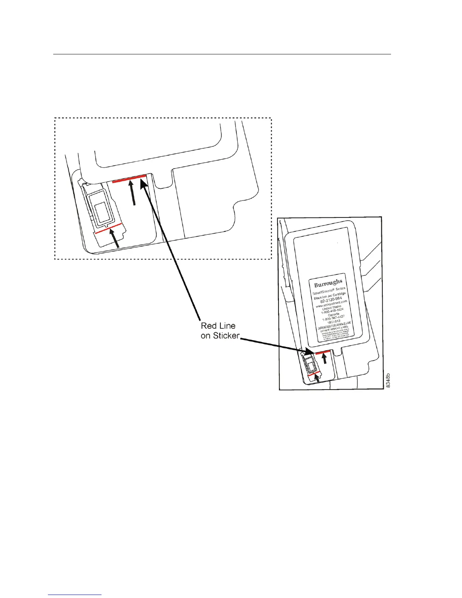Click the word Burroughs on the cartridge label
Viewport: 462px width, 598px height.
[x=328, y=282]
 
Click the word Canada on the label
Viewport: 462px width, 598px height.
[x=333, y=314]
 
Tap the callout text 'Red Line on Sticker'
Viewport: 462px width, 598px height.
[x=219, y=331]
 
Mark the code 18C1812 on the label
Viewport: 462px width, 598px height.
[x=334, y=322]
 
